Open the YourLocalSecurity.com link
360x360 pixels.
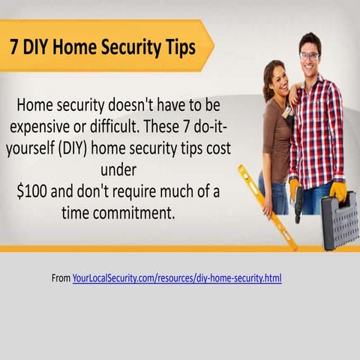[177, 278]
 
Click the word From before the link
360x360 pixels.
[61, 278]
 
